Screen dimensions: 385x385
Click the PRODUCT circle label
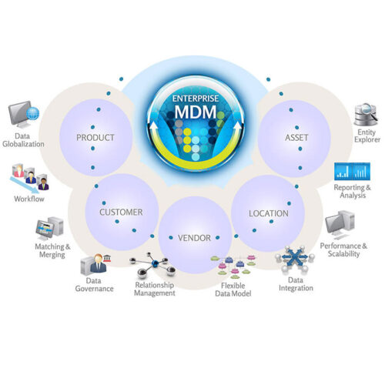pyautogui.click(x=95, y=138)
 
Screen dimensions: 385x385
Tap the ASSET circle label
pyautogui.click(x=296, y=138)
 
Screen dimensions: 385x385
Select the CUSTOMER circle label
pyautogui.click(x=121, y=213)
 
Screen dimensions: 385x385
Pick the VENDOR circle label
pyautogui.click(x=194, y=238)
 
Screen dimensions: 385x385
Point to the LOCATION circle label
pyautogui.click(x=269, y=213)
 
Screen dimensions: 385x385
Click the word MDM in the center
pyautogui.click(x=196, y=112)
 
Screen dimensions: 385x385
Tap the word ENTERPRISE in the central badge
pyautogui.click(x=196, y=99)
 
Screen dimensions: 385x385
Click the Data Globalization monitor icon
pyautogui.click(x=24, y=114)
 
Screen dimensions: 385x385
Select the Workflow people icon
pyautogui.click(x=29, y=179)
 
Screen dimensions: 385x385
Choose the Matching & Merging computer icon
pyautogui.click(x=49, y=228)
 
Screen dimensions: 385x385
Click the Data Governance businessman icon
pyautogui.click(x=95, y=264)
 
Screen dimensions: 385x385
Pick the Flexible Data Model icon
pyautogui.click(x=234, y=267)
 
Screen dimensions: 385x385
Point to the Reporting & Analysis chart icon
pyautogui.click(x=352, y=171)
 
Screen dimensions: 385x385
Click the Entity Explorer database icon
pyautogui.click(x=367, y=115)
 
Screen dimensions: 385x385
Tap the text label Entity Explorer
pyautogui.click(x=367, y=136)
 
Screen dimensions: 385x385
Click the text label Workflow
pyautogui.click(x=29, y=199)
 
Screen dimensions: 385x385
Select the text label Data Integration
pyautogui.click(x=296, y=284)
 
